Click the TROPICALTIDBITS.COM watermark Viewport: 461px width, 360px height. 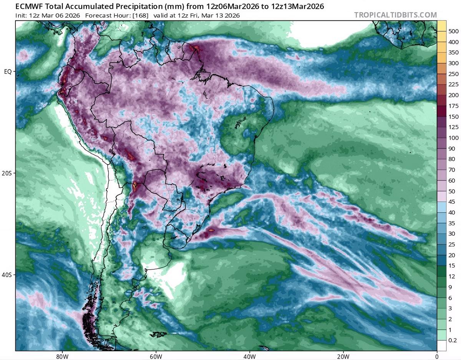pyautogui.click(x=395, y=15)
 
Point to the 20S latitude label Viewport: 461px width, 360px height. pyautogui.click(x=8, y=173)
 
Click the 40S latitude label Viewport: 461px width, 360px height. pyautogui.click(x=8, y=275)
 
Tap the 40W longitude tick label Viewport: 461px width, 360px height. pyautogui.click(x=249, y=355)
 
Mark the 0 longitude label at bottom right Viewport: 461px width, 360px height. pyautogui.click(x=437, y=355)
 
